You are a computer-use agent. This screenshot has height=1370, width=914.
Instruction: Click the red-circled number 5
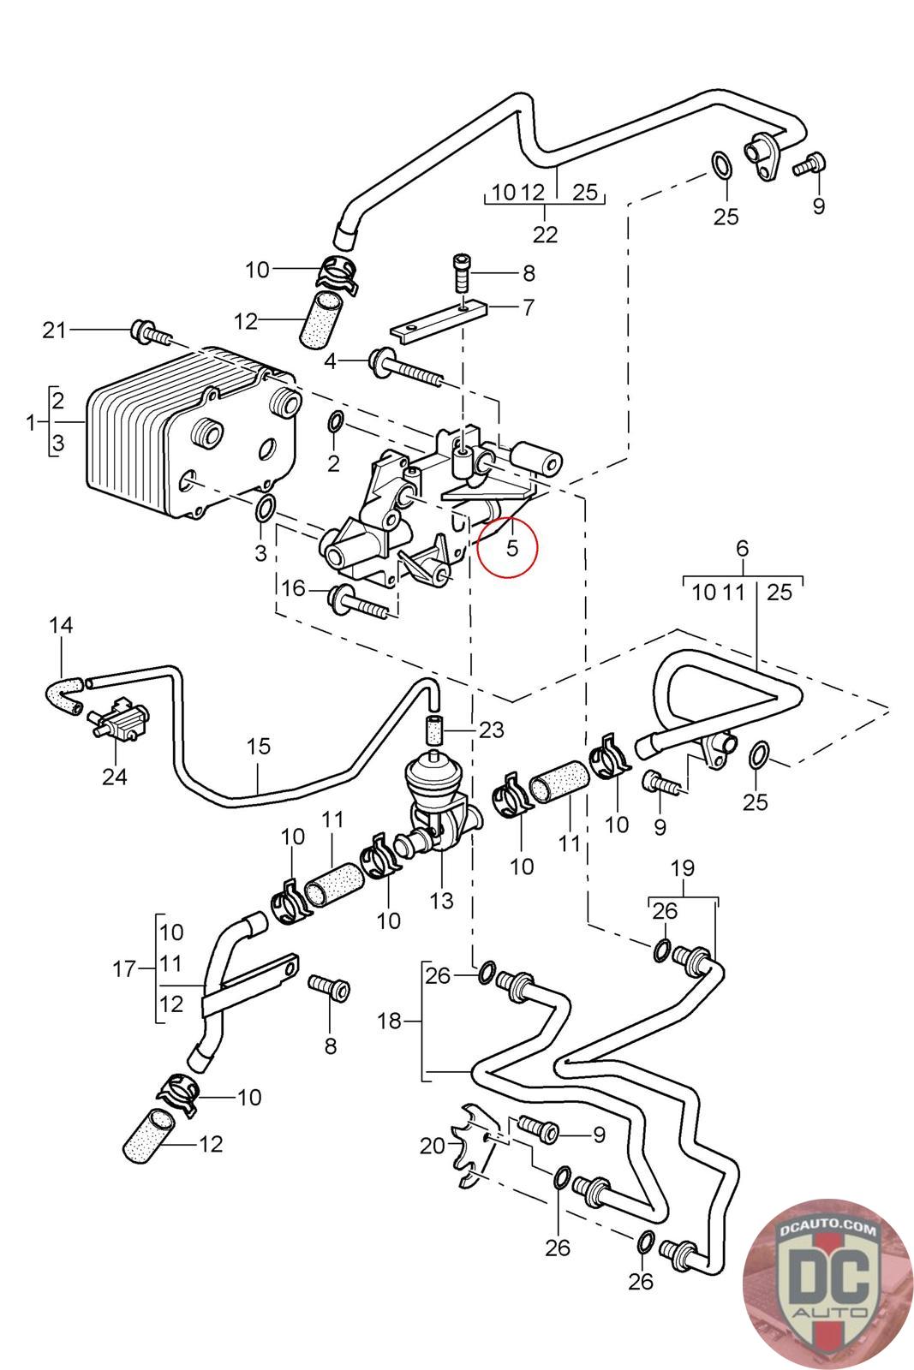[512, 547]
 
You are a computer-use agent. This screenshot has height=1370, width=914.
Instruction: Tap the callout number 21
[54, 331]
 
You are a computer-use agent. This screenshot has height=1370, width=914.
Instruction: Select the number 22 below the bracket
[545, 235]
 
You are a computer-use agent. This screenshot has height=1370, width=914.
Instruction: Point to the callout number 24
[115, 777]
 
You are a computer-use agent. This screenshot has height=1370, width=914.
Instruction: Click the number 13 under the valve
[441, 900]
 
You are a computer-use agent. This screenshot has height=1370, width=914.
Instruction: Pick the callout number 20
[433, 1146]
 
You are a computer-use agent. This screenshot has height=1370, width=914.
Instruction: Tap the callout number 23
[491, 730]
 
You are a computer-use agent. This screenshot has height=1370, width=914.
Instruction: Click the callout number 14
[61, 625]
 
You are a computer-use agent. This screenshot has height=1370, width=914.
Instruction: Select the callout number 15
[258, 746]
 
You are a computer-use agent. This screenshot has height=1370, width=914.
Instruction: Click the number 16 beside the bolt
[293, 588]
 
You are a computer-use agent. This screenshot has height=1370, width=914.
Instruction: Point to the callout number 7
[529, 307]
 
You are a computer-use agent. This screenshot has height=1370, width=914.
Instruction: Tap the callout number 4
[331, 361]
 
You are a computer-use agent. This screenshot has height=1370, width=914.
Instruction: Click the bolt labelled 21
[151, 332]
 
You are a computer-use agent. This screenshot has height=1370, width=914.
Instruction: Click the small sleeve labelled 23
[434, 730]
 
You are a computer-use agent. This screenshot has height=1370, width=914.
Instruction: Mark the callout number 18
[390, 1021]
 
